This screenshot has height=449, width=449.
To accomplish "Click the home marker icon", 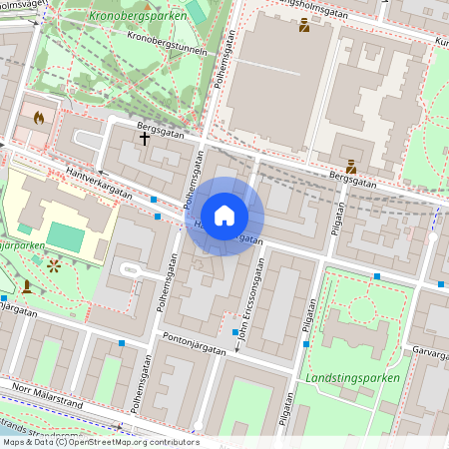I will click(224, 216).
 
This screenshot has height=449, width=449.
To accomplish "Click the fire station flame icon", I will click(39, 117).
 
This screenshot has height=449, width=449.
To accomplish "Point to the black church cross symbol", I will click(145, 139).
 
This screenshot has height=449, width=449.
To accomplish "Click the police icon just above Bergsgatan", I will click(351, 167).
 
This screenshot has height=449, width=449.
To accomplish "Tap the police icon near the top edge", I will click(304, 25).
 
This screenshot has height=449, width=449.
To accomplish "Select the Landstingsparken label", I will click(354, 378).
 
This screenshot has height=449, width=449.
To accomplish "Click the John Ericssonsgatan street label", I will click(247, 299).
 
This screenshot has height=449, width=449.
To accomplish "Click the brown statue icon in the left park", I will click(26, 285).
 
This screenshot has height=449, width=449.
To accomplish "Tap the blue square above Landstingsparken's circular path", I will click(377, 275).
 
